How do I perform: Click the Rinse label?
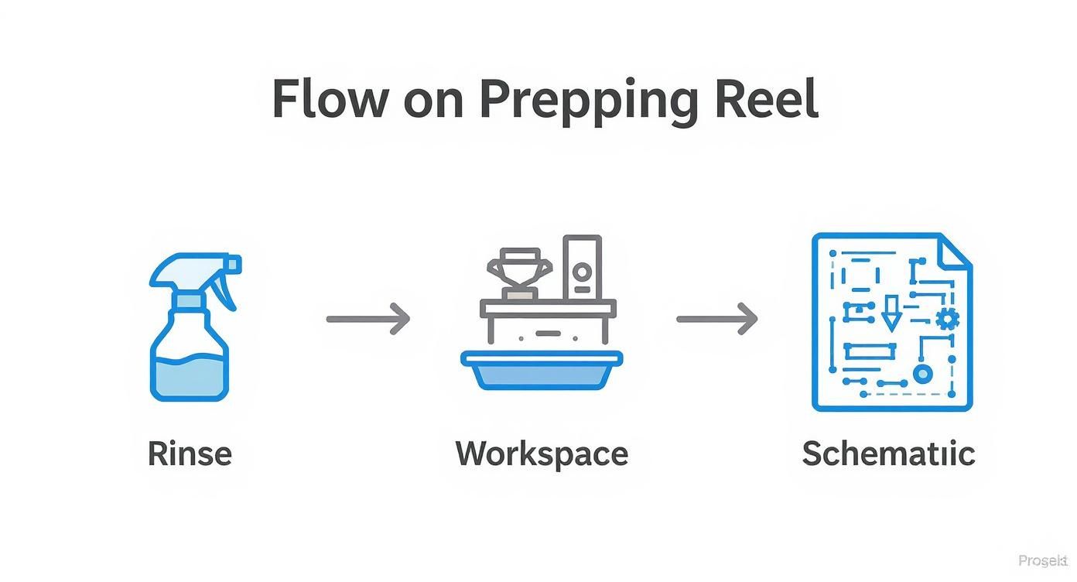point(190,453)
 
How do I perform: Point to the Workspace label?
point(542,453)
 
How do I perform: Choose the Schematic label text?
point(888,453)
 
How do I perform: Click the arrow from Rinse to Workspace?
point(368,318)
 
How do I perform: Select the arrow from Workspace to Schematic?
point(717,318)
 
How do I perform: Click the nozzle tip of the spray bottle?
point(235,265)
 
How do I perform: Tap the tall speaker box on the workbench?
point(582,267)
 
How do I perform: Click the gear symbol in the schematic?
point(947,317)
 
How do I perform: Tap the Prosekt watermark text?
point(1043,561)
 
